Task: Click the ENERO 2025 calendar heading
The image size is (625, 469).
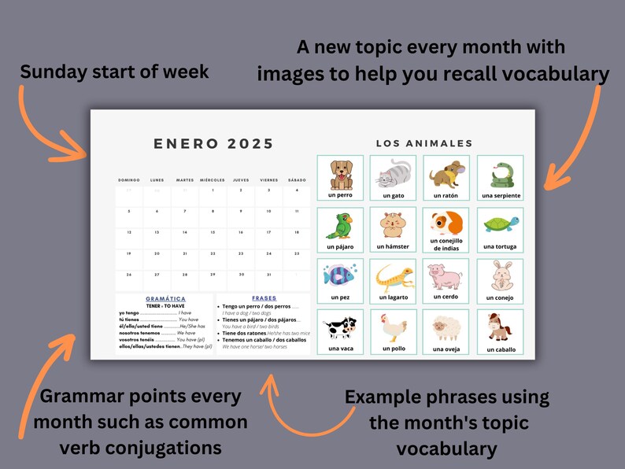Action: tap(213, 144)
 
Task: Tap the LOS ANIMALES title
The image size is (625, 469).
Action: tap(423, 143)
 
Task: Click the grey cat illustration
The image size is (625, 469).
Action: tap(392, 173)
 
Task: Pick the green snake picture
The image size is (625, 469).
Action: tap(500, 174)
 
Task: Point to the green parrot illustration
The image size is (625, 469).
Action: tap(340, 226)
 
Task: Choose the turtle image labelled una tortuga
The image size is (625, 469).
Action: tap(500, 225)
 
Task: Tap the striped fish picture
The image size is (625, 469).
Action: tap(340, 275)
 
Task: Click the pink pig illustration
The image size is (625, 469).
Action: tap(445, 276)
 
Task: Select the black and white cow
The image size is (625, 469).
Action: tap(340, 327)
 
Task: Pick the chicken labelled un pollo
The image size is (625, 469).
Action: tap(393, 327)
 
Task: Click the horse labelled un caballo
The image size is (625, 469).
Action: tap(500, 327)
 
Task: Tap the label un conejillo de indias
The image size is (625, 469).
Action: tap(446, 245)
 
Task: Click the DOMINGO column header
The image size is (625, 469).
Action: tap(129, 180)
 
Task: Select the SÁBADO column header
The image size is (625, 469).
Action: tap(297, 180)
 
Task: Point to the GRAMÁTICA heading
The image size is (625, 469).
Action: tap(165, 299)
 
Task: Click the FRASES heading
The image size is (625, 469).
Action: tap(264, 298)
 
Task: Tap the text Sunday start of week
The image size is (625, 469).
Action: tap(114, 72)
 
